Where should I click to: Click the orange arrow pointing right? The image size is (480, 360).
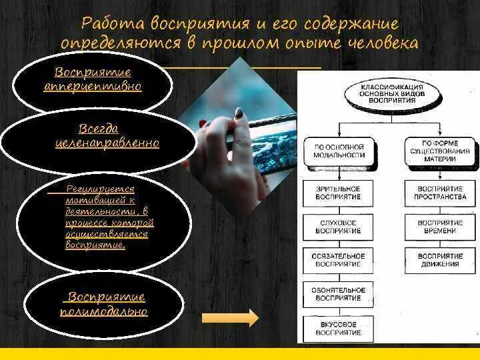[x=239, y=317]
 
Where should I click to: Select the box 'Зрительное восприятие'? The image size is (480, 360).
[x=338, y=193]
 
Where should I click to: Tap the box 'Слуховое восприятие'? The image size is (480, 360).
[x=338, y=227]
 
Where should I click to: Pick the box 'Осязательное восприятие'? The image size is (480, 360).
[x=338, y=260]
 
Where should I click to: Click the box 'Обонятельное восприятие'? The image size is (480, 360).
[x=338, y=294]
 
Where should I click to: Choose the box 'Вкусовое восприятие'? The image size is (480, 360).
[x=338, y=328]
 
